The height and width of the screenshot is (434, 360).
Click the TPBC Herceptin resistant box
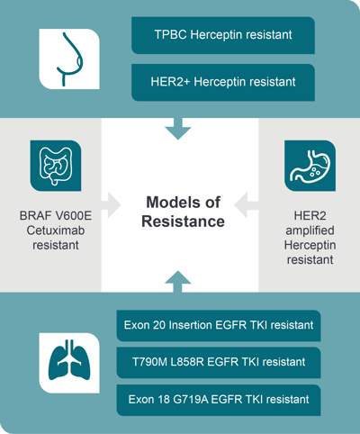click(x=223, y=35)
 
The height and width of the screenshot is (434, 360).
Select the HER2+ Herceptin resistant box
click(x=223, y=82)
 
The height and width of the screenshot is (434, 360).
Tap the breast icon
click(x=69, y=59)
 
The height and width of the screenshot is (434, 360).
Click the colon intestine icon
click(x=56, y=166)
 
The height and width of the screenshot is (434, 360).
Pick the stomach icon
click(x=310, y=166)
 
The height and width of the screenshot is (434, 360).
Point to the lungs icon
click(x=69, y=363)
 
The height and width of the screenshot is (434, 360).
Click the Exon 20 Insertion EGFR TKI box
click(x=219, y=325)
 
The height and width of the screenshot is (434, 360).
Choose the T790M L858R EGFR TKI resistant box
click(x=219, y=362)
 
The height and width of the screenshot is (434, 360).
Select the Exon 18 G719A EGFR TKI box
click(x=219, y=400)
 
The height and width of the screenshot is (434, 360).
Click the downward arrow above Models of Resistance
click(x=178, y=129)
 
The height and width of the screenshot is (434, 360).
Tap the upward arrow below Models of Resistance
click(x=178, y=282)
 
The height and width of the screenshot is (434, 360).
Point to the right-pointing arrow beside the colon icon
click(x=111, y=205)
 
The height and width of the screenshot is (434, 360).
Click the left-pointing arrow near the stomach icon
click(x=247, y=205)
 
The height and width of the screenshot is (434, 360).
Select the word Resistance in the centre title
click(x=183, y=222)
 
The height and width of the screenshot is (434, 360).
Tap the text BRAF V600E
click(x=56, y=216)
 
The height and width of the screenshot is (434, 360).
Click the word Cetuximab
click(x=56, y=231)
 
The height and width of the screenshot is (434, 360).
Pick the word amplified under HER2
click(x=310, y=231)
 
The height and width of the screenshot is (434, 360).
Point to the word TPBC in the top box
click(x=170, y=35)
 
